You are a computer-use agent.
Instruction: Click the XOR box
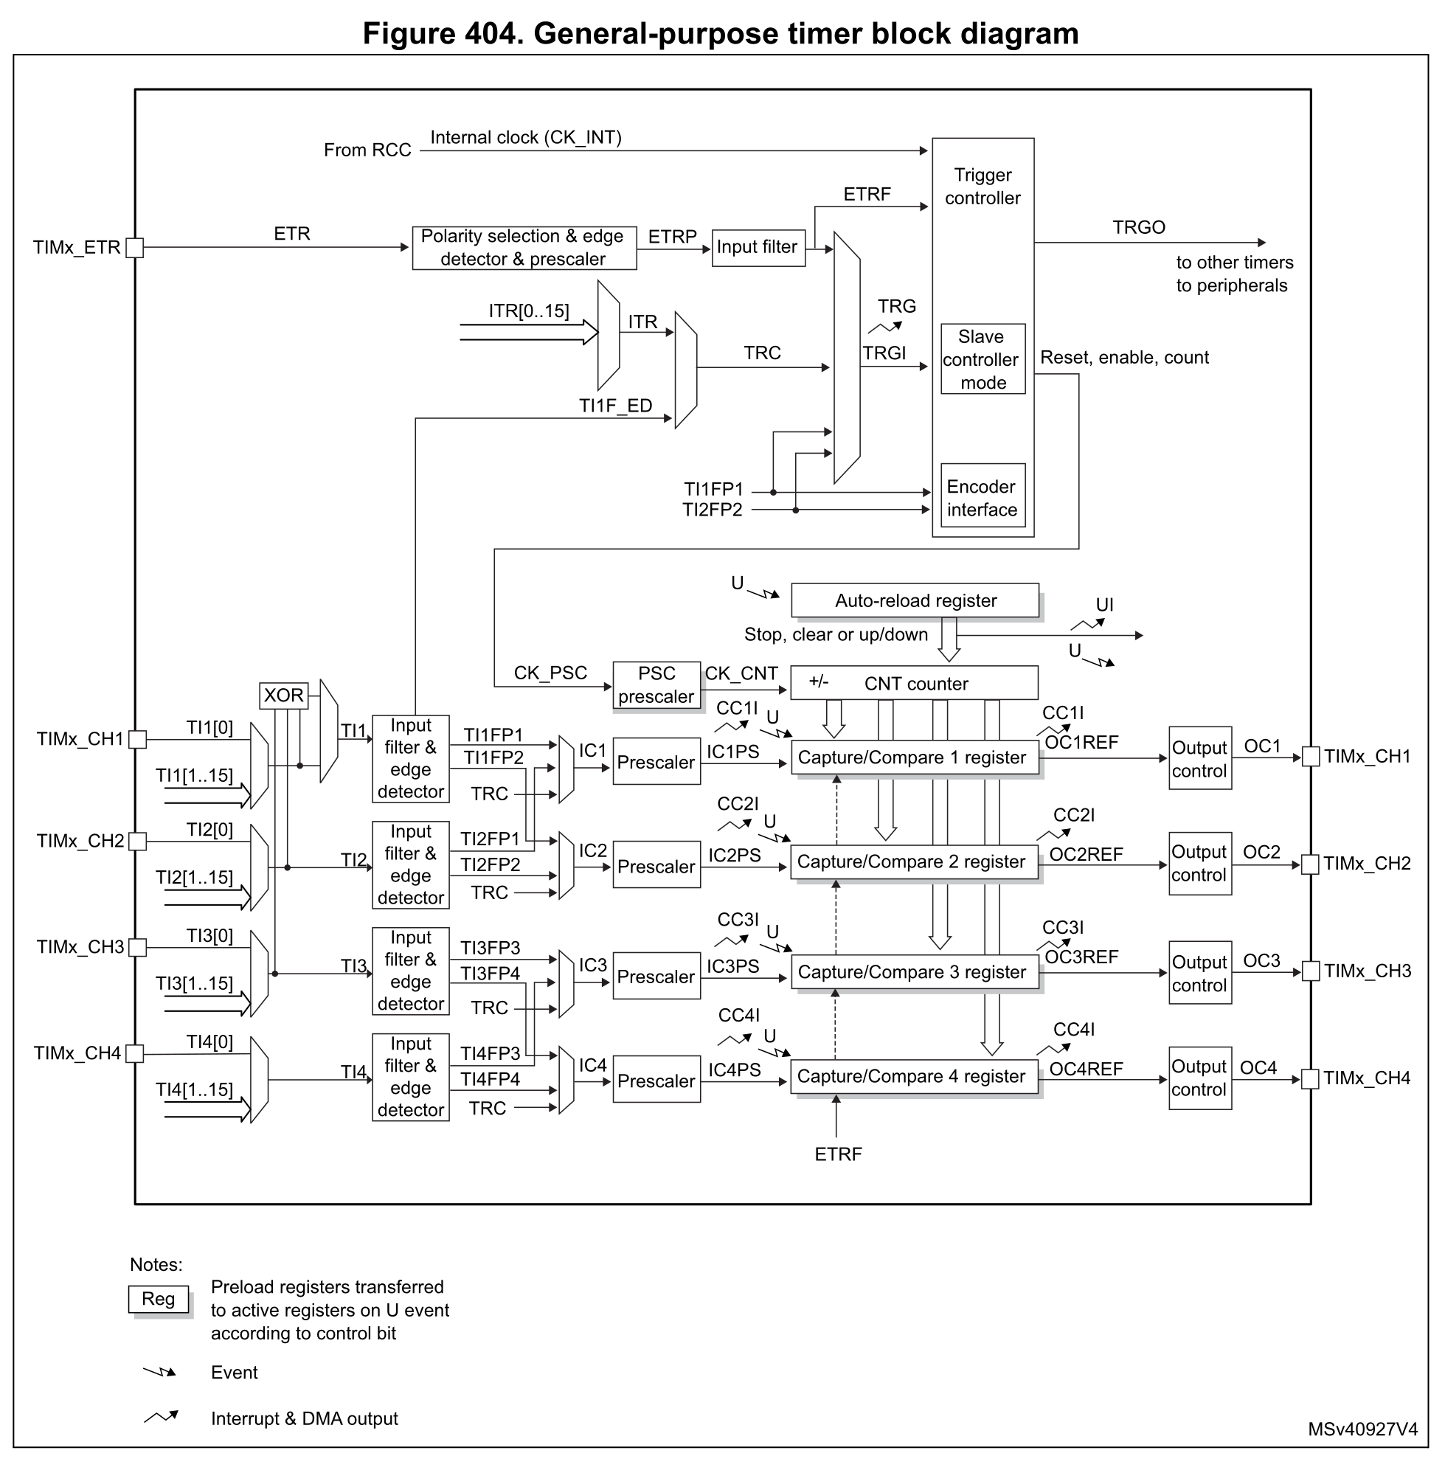284,695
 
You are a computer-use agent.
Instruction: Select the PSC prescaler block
656,685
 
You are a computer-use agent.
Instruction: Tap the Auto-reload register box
915,600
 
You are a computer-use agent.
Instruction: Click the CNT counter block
915,683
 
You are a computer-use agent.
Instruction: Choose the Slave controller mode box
983,359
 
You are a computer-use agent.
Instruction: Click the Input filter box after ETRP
758,248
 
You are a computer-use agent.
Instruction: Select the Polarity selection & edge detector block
524,248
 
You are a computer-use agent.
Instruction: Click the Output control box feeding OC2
1200,864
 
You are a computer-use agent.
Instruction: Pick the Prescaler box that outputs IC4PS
656,1079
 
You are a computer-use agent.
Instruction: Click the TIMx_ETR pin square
134,247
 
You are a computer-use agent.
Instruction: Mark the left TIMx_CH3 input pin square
137,947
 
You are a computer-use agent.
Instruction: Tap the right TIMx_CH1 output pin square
1311,756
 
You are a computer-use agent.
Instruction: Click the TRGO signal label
1138,227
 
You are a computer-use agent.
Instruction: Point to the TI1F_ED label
615,406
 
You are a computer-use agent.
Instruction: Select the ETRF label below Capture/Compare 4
838,1154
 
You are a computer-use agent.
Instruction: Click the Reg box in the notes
158,1299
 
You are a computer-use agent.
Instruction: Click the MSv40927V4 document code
1362,1429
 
